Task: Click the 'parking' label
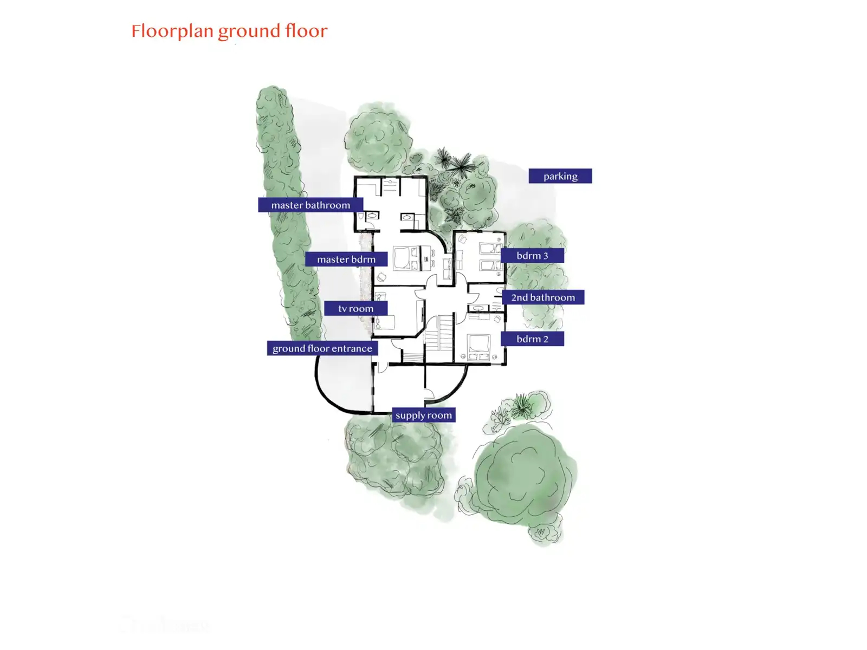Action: click(560, 176)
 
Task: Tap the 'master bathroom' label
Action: click(310, 205)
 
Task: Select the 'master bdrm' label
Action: click(346, 259)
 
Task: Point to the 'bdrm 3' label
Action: click(532, 256)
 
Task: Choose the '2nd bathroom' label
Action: click(543, 297)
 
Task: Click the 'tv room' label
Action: click(355, 308)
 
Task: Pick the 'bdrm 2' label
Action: click(532, 339)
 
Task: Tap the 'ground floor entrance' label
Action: click(322, 348)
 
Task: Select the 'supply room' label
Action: click(423, 415)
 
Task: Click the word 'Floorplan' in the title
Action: click(172, 31)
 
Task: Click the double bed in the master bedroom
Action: click(402, 257)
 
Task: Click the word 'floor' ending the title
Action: click(307, 31)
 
